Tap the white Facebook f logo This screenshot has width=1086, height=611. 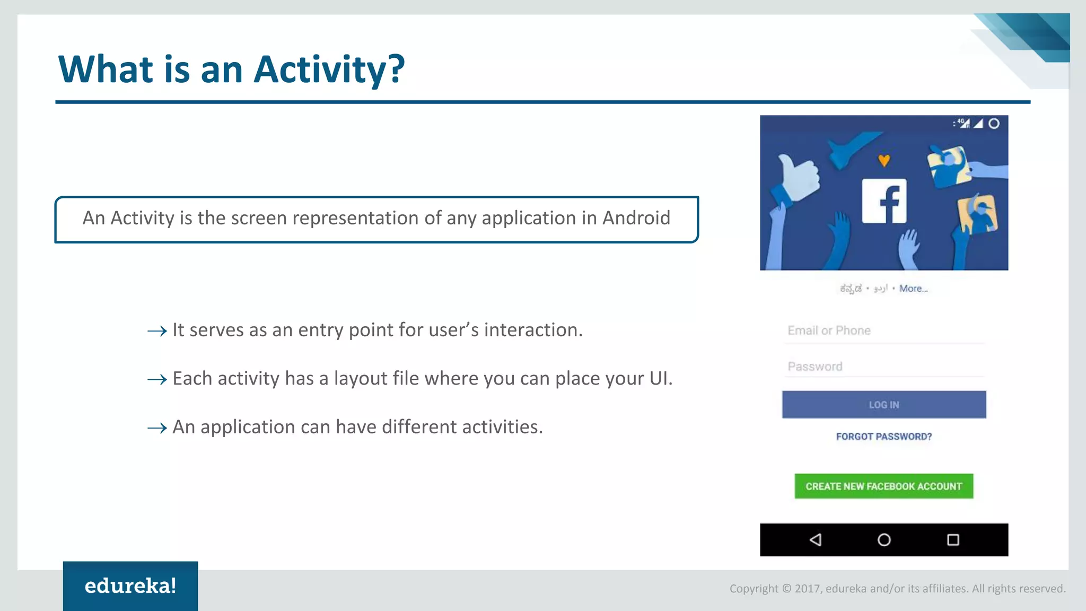click(884, 201)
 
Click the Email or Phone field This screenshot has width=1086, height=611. click(883, 331)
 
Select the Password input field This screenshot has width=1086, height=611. click(883, 366)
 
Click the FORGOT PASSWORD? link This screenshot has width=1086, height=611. click(883, 437)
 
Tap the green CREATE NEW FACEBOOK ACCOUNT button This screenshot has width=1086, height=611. click(883, 486)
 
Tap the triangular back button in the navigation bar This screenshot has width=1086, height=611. click(816, 540)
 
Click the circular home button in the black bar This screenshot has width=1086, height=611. click(884, 540)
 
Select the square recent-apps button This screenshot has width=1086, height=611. click(953, 540)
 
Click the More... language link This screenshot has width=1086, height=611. click(913, 289)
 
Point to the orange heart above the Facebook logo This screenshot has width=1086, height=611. click(884, 160)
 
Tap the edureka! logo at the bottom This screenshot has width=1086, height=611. click(130, 586)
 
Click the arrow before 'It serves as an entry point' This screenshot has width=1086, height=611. click(157, 331)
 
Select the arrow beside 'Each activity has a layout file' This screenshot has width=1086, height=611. click(157, 380)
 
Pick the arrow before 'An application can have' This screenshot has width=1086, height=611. click(157, 428)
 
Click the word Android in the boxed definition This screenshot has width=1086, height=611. click(636, 218)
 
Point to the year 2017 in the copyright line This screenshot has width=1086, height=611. click(807, 588)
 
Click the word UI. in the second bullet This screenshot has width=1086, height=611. click(661, 379)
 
